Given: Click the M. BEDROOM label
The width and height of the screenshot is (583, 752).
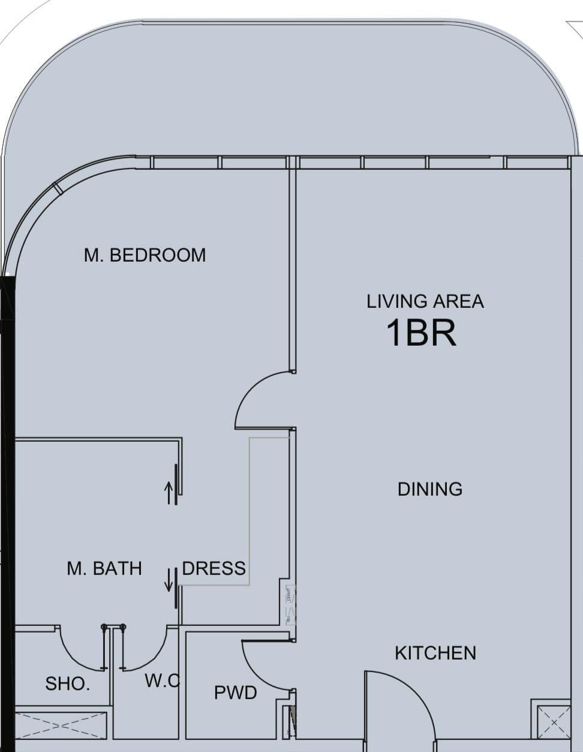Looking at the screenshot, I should (145, 255).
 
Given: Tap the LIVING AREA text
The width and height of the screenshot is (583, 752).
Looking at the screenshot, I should (425, 301).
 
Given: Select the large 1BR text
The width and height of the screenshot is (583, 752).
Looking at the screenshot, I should (420, 333).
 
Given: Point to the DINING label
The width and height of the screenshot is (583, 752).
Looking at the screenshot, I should (429, 489).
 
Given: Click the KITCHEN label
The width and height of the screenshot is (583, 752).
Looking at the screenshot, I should (435, 653).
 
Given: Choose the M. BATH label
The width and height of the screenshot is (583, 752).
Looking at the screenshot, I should (104, 568).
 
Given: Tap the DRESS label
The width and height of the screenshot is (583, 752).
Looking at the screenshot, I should (214, 568).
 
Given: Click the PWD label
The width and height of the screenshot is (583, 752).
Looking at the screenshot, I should (235, 693).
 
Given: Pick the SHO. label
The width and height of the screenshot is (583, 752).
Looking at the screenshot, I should (67, 684).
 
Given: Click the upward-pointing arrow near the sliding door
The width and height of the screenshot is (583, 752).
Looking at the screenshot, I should (169, 493).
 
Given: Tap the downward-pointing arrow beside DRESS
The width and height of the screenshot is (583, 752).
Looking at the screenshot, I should (169, 579).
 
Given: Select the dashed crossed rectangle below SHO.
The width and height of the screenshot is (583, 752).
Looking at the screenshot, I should (60, 726).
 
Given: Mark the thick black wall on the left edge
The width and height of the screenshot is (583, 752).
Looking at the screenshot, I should (7, 510).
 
